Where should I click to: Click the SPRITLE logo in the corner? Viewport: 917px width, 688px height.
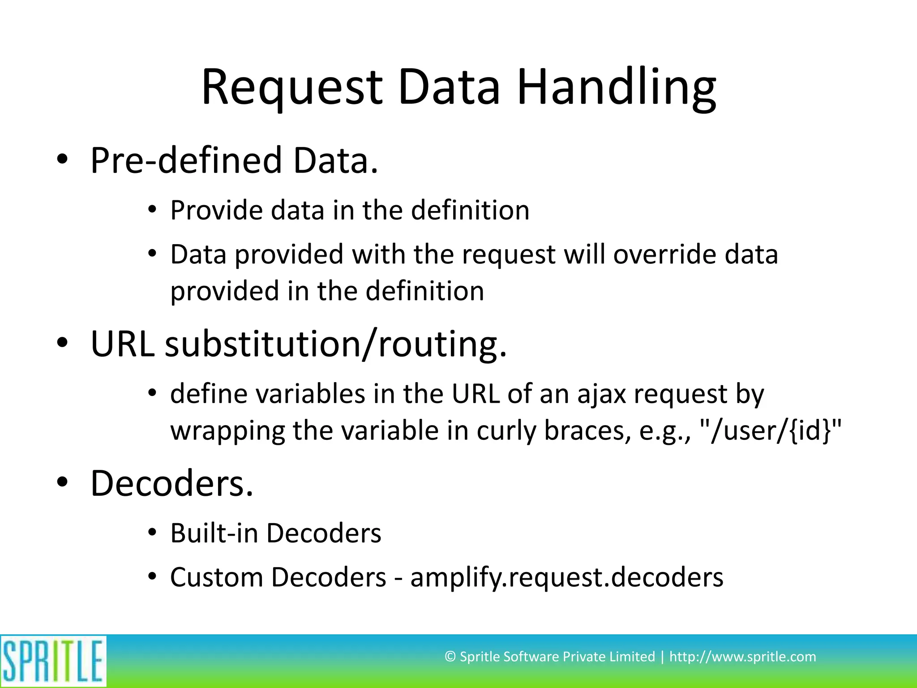53,661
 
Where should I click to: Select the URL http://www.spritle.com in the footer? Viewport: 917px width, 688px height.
742,657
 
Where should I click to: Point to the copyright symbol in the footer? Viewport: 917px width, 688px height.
450,657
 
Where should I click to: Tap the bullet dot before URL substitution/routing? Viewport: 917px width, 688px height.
62,343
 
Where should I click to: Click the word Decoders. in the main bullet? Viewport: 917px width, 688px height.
172,483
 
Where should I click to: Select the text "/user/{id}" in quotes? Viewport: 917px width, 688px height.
770,431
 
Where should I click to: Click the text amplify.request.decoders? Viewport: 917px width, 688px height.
566,577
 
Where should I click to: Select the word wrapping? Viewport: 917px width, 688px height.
227,431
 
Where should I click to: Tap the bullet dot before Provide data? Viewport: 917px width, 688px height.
152,210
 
